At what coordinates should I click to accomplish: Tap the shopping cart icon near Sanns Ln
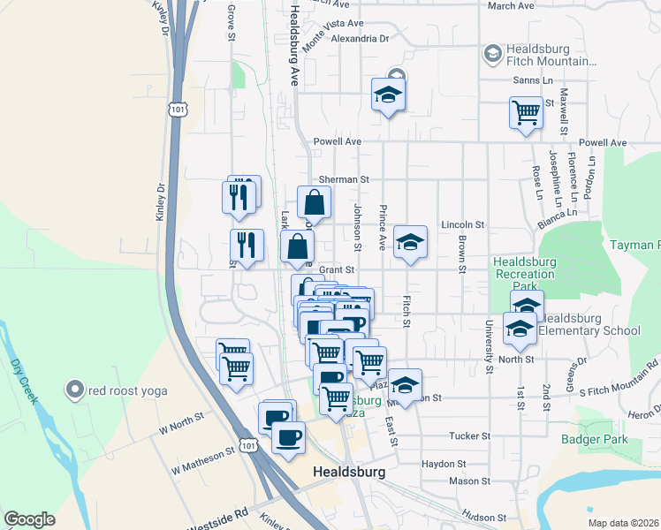(526, 114)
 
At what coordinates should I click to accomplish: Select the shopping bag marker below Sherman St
(314, 202)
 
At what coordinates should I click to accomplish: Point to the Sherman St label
(343, 179)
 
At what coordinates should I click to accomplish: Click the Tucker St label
(469, 436)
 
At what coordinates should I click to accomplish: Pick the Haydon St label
(444, 464)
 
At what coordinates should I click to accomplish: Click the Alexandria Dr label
(360, 39)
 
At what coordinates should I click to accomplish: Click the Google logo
(29, 519)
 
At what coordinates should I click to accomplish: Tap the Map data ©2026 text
(623, 523)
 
